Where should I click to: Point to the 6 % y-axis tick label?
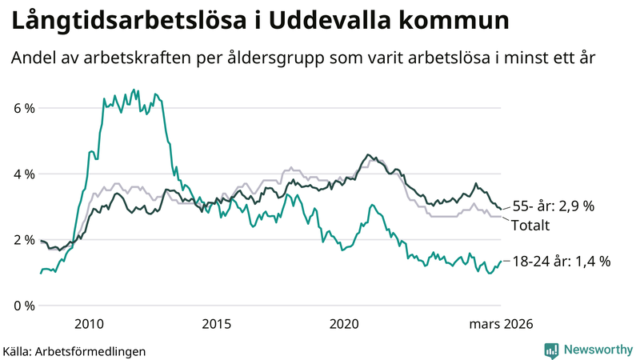tap(23, 108)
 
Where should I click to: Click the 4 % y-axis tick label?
tap(23, 174)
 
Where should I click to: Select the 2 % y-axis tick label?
tap(23, 240)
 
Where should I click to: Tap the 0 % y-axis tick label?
tap(23, 306)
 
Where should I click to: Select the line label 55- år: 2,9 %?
tap(553, 206)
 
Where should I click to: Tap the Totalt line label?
tap(530, 226)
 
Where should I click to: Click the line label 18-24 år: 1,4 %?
tap(561, 261)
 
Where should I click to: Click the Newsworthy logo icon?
tap(551, 350)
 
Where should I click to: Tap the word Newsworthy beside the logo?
tap(598, 350)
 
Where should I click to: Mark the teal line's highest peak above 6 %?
tap(134, 90)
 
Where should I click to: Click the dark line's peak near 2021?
tap(367, 154)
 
